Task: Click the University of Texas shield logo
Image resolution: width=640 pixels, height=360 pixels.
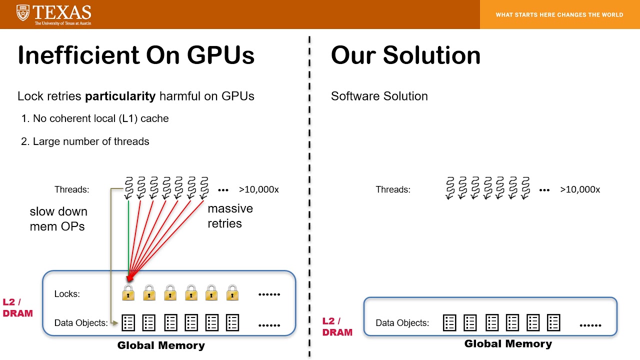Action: (23, 13)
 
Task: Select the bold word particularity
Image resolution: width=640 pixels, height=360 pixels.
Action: (120, 96)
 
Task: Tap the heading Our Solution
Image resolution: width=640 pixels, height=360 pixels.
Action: (405, 55)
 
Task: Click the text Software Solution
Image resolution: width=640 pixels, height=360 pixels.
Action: (379, 96)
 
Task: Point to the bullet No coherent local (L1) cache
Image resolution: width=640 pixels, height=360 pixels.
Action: (95, 118)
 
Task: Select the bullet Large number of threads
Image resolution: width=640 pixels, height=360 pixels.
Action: (85, 141)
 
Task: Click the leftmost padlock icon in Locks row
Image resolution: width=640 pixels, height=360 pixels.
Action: (128, 292)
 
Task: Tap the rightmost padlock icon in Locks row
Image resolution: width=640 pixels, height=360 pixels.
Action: (232, 292)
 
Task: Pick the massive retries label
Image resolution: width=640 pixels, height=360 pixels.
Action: (230, 216)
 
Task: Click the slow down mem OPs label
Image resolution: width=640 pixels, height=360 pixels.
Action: (58, 219)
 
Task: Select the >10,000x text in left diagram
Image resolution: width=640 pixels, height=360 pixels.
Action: (258, 189)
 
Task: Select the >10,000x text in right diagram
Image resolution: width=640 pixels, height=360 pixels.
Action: (580, 189)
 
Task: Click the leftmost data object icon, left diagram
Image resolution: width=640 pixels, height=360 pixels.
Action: (128, 323)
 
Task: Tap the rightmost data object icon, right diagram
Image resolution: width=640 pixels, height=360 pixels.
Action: (553, 323)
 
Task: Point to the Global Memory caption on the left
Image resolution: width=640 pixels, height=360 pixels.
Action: (161, 345)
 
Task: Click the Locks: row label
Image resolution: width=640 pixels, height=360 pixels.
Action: (67, 294)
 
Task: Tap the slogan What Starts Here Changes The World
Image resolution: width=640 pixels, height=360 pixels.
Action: (559, 15)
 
